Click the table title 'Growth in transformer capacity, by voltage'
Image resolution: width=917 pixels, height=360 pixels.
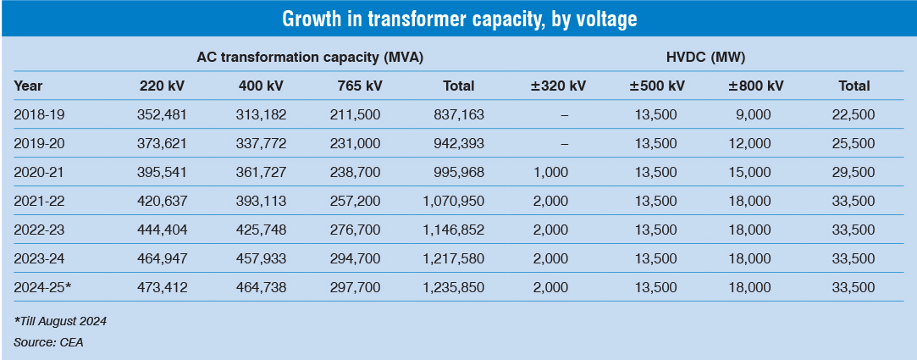coord(458,19)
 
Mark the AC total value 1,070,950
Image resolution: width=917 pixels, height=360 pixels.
coord(453,201)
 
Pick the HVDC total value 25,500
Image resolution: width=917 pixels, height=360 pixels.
coord(854,143)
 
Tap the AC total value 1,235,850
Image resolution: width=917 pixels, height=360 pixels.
coord(453,287)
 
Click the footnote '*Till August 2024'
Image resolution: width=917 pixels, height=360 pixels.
coord(60,321)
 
